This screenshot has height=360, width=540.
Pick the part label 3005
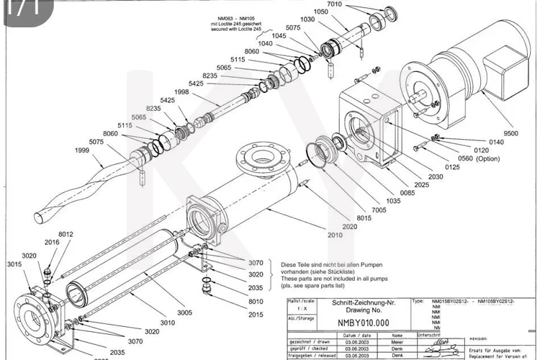click(185, 312)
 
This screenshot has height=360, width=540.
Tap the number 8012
click(66, 234)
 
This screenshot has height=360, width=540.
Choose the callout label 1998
click(181, 92)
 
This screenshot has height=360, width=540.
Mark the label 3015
click(14, 265)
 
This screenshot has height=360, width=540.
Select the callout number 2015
click(256, 315)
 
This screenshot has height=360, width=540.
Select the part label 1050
click(323, 12)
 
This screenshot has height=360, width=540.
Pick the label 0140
click(496, 143)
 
